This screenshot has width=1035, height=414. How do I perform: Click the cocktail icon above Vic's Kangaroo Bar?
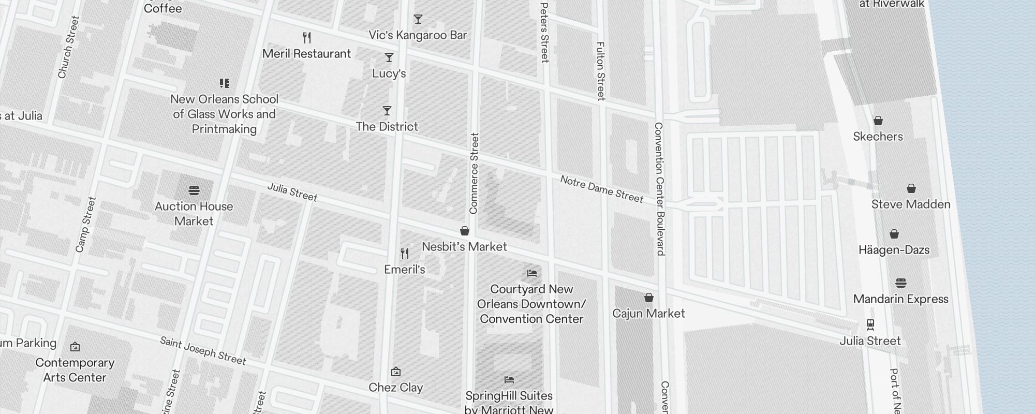(x=418, y=19)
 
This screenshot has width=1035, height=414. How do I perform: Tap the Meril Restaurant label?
(x=306, y=54)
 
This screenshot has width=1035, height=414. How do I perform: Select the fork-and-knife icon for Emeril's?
(x=405, y=254)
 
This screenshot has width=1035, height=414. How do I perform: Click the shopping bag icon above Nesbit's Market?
(x=465, y=231)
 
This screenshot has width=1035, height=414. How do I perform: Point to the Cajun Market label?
(x=648, y=314)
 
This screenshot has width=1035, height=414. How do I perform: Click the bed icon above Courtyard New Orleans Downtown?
(x=531, y=273)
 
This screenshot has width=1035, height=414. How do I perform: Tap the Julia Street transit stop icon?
(x=870, y=324)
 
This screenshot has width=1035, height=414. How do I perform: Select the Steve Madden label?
(x=911, y=204)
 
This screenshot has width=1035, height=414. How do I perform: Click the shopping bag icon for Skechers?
(x=878, y=121)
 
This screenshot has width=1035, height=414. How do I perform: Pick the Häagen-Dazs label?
(x=894, y=250)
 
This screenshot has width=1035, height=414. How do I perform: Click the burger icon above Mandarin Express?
(x=901, y=283)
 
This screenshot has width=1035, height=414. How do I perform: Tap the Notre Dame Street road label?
(x=601, y=189)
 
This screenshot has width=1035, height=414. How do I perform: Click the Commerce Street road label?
(x=474, y=173)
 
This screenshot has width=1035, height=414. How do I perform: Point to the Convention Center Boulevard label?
(x=659, y=189)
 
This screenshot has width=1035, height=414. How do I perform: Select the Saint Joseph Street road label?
(x=203, y=350)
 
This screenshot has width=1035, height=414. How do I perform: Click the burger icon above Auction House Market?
(x=194, y=190)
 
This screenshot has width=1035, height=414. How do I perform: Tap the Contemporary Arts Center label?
(x=75, y=370)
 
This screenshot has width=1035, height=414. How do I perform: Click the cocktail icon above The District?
(x=387, y=111)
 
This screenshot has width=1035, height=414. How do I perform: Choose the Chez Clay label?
(x=396, y=388)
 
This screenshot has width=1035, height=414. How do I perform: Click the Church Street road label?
(x=68, y=48)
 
